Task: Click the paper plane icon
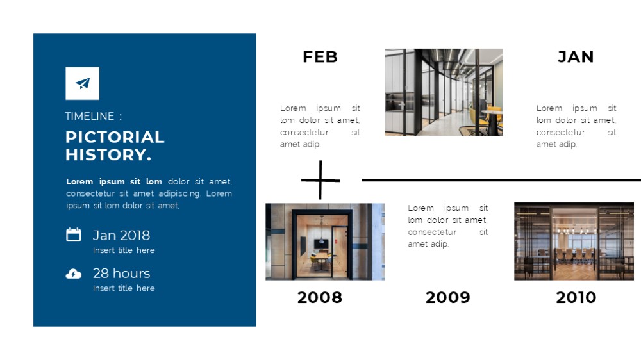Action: point(83,83)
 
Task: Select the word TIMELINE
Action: point(90,116)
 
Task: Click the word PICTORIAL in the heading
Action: point(115,137)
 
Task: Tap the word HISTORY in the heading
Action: point(106,154)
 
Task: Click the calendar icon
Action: point(74,234)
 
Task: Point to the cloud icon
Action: point(74,274)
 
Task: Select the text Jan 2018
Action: point(121,235)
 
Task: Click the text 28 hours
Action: point(121,274)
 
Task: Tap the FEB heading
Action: point(320,57)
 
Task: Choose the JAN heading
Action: point(576,57)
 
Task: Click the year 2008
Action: point(320,297)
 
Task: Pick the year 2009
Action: point(447,297)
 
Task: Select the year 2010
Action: point(576,297)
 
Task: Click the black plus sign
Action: point(320,180)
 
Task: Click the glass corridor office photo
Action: point(444,92)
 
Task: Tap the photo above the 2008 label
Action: point(325,241)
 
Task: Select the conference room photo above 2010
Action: point(574,241)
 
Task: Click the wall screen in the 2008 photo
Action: point(321,244)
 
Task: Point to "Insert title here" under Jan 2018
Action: point(124,250)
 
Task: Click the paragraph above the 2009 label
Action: point(447,226)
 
